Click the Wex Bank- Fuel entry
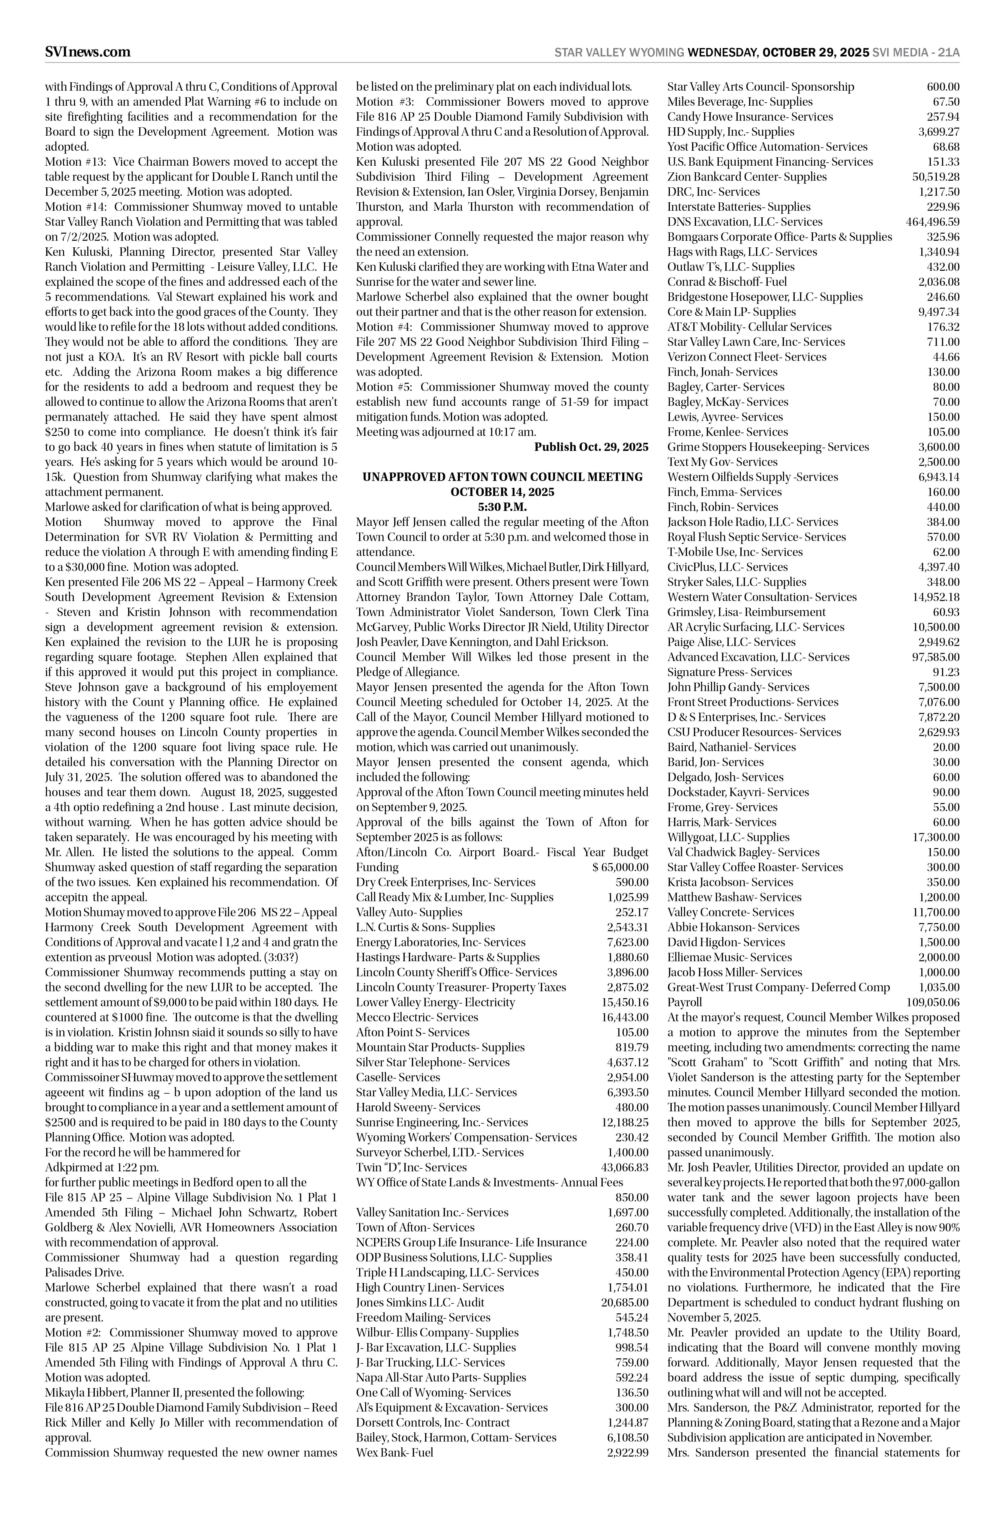[x=395, y=1453]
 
